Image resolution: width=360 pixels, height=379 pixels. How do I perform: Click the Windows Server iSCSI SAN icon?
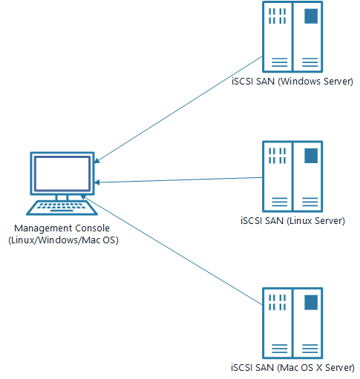[292, 37]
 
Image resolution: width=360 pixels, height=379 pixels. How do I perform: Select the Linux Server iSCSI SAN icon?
[292, 177]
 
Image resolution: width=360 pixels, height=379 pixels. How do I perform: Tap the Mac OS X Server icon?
[292, 323]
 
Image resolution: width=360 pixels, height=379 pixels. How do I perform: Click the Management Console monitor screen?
[62, 174]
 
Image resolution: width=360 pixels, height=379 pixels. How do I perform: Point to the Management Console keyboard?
[62, 208]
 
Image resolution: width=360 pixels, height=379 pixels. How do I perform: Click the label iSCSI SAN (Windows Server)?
[292, 82]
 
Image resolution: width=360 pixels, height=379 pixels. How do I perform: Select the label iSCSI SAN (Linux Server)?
[292, 220]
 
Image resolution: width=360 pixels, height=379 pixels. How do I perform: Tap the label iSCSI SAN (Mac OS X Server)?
[292, 367]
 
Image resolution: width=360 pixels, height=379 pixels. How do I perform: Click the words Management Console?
[62, 228]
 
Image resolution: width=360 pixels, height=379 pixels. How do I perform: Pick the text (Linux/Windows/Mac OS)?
[63, 240]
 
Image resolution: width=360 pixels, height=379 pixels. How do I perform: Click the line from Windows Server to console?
[178, 110]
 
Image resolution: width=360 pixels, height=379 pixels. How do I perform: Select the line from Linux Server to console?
[178, 180]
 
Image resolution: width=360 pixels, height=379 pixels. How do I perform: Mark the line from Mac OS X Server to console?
[171, 250]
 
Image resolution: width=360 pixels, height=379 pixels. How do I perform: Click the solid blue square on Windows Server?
[311, 16]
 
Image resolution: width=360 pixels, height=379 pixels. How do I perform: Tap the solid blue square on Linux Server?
[311, 156]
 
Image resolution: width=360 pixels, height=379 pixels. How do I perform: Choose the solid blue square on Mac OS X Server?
[311, 303]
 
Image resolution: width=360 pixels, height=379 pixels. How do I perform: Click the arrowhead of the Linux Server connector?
[96, 182]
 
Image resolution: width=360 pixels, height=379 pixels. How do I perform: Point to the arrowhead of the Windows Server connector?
[97, 161]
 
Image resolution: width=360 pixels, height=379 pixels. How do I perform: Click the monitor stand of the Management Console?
[62, 198]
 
